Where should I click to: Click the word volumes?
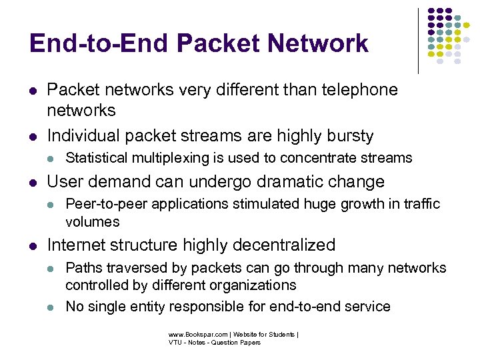click(x=93, y=221)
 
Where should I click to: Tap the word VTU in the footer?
click(x=175, y=343)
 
